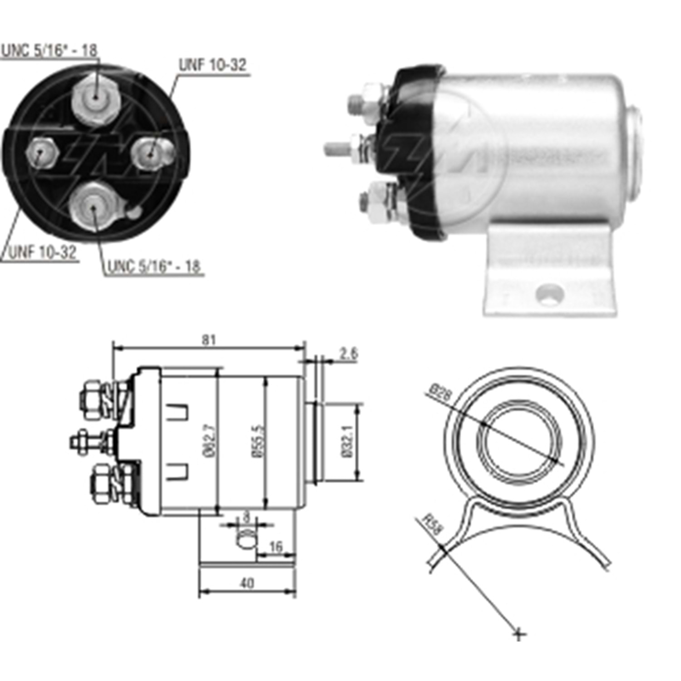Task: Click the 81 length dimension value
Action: click(208, 340)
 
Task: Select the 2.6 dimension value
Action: click(348, 353)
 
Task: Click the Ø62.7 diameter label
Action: click(210, 442)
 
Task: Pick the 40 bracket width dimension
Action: click(247, 583)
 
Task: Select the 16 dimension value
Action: click(276, 547)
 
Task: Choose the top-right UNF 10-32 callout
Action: click(212, 65)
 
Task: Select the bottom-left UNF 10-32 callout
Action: click(42, 252)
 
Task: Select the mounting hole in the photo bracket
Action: click(550, 294)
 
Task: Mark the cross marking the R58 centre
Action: click(519, 633)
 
